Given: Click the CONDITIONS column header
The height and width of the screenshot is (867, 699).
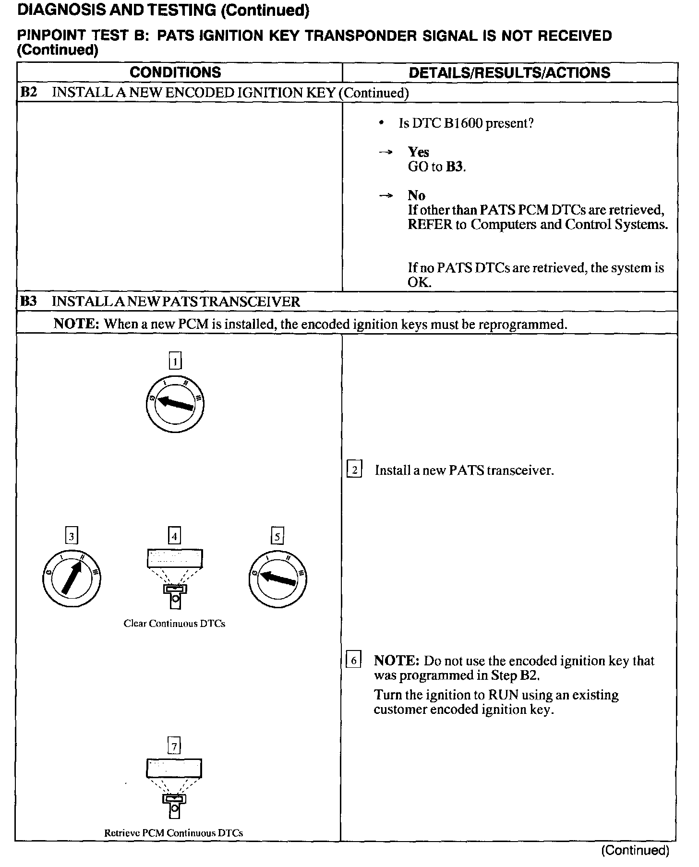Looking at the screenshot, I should [175, 72].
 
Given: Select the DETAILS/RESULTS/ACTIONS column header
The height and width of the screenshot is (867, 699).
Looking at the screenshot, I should [509, 72].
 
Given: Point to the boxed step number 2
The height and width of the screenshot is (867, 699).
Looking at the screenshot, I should [354, 470].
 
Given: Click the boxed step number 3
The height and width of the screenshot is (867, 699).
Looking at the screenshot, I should [72, 536].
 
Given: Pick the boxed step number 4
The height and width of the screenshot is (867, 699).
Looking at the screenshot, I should [175, 536].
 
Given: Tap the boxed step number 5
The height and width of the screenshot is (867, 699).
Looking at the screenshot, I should [277, 536].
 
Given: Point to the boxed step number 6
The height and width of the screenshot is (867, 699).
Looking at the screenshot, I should [353, 661].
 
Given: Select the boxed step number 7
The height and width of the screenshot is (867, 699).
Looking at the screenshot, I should [174, 746].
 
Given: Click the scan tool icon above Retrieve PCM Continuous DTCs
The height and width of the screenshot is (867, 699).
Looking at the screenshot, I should [174, 787].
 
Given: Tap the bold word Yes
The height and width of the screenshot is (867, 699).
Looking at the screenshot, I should [418, 152].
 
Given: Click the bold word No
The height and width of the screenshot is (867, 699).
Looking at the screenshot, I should [416, 195].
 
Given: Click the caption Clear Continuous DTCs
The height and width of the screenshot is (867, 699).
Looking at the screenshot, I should [174, 624].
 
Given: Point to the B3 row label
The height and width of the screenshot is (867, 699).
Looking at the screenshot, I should [28, 301].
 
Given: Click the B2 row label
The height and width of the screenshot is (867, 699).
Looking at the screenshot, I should [28, 92].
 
